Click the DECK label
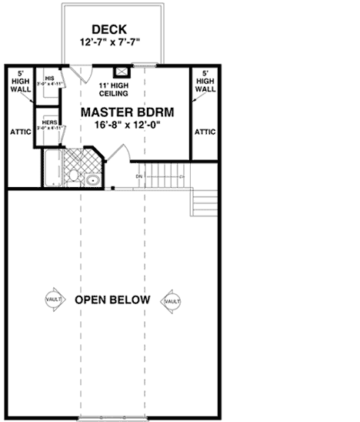pos(112,29)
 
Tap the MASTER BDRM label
pos(128,112)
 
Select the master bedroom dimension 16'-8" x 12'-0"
pos(128,126)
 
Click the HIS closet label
pos(49,79)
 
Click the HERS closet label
pos(49,122)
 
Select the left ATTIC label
pos(20,132)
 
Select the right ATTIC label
pos(205,132)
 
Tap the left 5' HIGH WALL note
pos(20,82)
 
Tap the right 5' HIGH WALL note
pos(205,82)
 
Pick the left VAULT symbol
pos(53,300)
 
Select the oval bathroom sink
pos(92,182)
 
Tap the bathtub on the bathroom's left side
pos(52,168)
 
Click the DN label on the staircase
pos(139,176)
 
